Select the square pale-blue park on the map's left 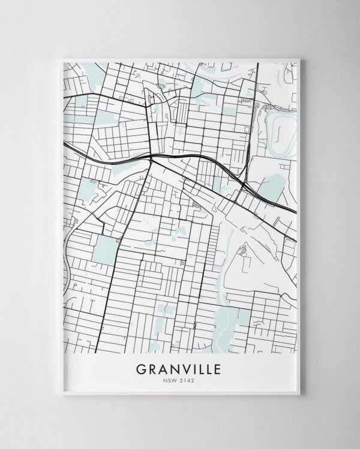pyautogui.click(x=106, y=250)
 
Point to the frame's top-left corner pyautogui.click(x=62, y=59)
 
